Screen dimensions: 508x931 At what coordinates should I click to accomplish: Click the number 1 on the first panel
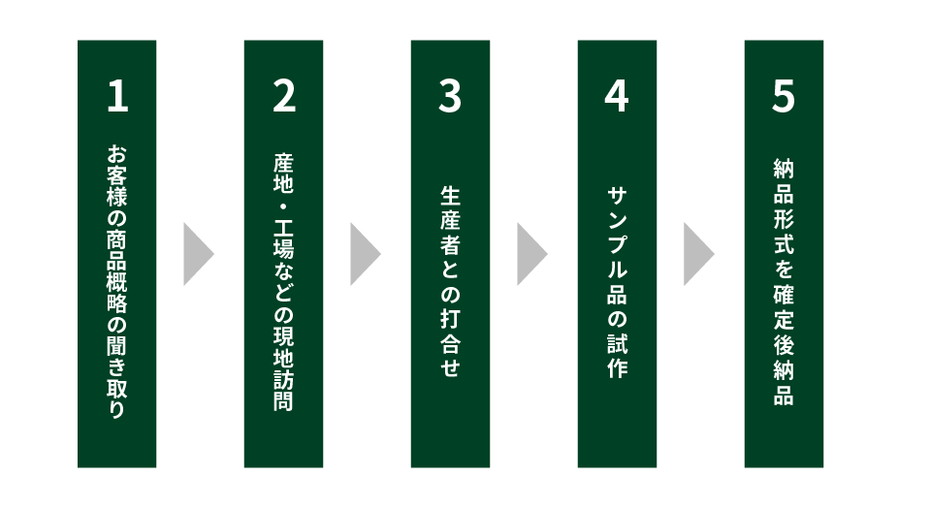coord(117,97)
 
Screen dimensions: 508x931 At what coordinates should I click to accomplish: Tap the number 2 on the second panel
coord(284,97)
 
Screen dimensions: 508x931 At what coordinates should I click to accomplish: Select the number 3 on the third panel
coord(450,97)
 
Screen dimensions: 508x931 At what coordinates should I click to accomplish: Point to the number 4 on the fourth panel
coord(617,97)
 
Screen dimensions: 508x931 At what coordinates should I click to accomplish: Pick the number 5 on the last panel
coord(784,97)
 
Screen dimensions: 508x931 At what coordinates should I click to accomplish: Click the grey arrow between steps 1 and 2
coord(198,254)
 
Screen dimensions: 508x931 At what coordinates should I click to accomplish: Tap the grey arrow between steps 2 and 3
coord(365,254)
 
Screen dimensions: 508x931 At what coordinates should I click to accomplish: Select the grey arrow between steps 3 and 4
coord(531,254)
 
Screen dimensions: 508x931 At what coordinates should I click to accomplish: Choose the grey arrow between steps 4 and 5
coord(698,254)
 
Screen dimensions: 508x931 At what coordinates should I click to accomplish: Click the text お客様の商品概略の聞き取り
coord(117,281)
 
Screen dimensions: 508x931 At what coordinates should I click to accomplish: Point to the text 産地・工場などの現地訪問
coord(284,281)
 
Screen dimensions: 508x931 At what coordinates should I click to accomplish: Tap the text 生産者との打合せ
coord(450,281)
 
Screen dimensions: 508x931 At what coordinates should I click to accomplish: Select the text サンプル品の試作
coord(617,281)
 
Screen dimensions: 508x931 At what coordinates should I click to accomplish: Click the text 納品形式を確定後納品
coord(784,281)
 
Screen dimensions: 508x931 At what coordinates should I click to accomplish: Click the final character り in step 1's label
coord(117,409)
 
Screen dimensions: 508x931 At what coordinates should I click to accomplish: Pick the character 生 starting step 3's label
coord(450,196)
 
